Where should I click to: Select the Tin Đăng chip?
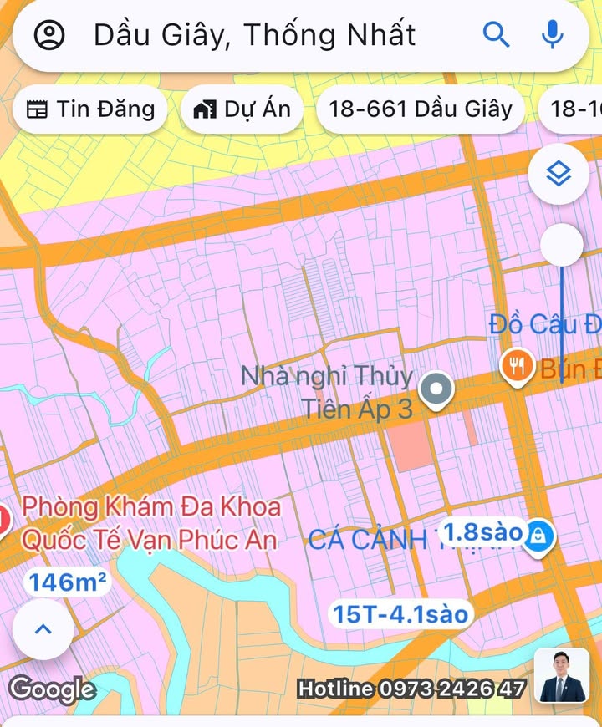(90, 109)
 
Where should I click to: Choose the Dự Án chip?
(242, 109)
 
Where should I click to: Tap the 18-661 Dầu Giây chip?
(421, 109)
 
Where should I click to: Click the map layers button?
(559, 175)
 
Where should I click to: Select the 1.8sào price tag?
(482, 531)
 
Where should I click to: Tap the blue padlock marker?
(539, 537)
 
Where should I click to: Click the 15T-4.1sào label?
(400, 614)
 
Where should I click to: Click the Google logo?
(52, 689)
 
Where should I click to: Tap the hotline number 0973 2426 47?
(452, 689)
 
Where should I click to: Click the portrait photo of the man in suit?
(561, 675)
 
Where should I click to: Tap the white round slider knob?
(562, 246)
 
